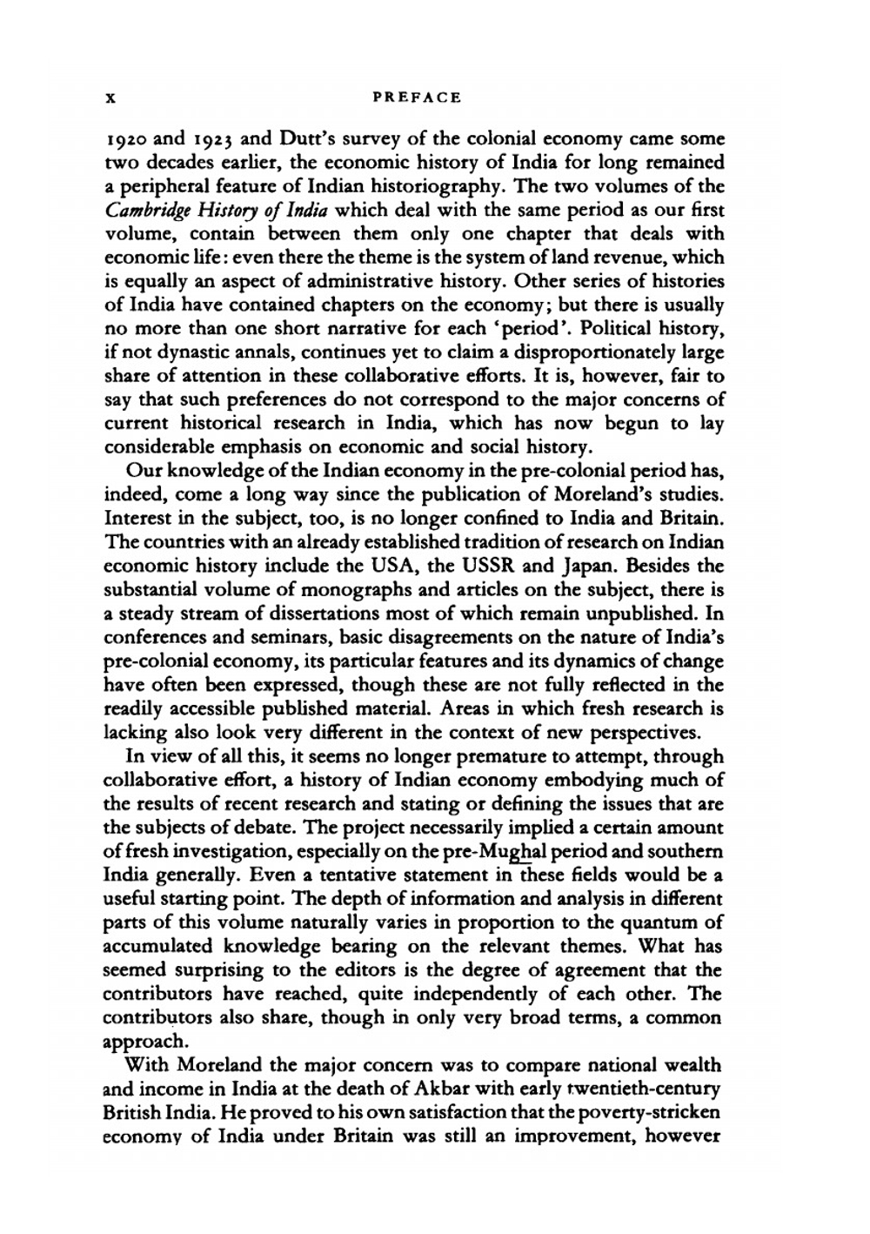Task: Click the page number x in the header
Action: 110,98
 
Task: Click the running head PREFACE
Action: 416,97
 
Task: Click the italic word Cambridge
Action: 147,211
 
